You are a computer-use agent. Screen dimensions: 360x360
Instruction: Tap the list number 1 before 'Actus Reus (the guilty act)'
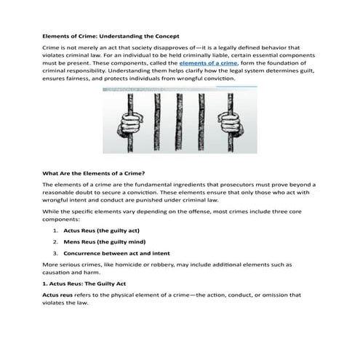pyautogui.click(x=55, y=229)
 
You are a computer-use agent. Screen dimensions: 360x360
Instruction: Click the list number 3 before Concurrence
pyautogui.click(x=55, y=253)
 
